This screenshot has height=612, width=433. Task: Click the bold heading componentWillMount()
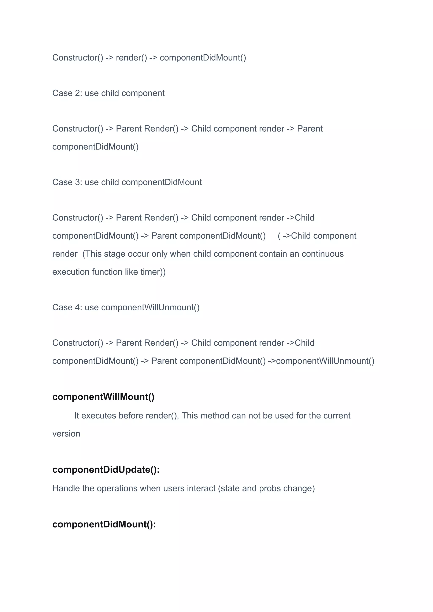pos(103,397)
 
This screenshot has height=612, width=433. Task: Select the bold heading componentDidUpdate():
pos(106,470)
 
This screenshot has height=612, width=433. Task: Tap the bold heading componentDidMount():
pos(104,524)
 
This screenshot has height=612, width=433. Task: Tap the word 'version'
pos(66,434)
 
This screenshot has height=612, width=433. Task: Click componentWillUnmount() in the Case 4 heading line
pos(150,307)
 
